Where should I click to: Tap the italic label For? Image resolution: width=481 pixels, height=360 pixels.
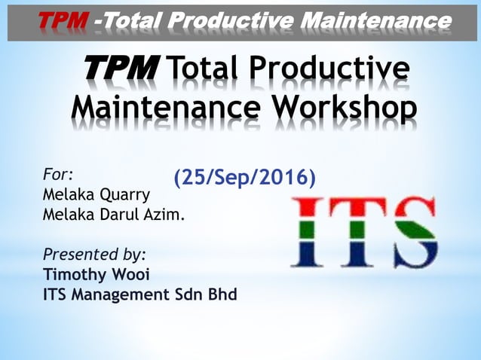(x=58, y=175)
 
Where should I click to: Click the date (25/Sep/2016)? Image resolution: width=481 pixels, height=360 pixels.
(x=244, y=178)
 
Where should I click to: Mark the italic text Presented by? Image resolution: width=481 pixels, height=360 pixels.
(x=95, y=253)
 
